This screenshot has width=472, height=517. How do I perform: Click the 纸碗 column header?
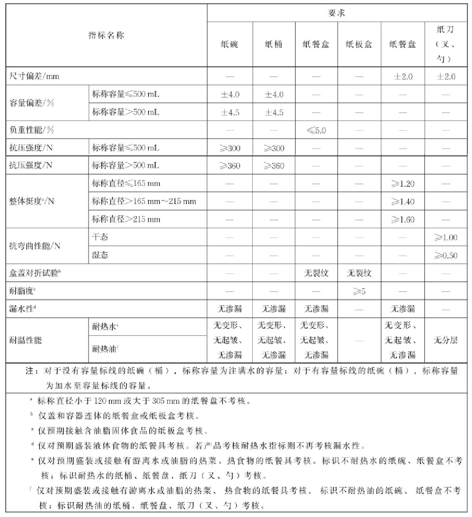[230, 44]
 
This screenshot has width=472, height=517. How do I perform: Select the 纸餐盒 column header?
[316, 44]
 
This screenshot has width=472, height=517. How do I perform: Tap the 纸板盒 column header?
[359, 44]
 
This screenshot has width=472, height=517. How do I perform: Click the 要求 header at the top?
[336, 13]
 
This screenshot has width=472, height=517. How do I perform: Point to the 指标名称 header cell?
[106, 36]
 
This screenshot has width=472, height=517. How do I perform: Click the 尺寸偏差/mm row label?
[34, 76]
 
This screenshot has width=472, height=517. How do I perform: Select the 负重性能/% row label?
[32, 130]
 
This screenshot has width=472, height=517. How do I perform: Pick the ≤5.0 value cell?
[316, 130]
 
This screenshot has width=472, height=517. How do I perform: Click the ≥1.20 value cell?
[403, 184]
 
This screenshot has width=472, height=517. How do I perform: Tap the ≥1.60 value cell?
[403, 220]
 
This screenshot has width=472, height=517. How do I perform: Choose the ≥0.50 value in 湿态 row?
[446, 256]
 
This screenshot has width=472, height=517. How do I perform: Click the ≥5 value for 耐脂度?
[359, 291]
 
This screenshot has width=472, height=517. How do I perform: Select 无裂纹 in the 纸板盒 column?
[359, 273]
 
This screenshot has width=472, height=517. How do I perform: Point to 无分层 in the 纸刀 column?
[446, 340]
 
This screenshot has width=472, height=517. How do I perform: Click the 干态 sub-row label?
[100, 237]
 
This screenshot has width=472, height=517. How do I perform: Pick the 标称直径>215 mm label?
[126, 219]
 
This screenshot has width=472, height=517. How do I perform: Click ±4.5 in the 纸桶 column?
[274, 113]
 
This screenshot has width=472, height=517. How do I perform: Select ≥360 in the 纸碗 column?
[230, 166]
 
